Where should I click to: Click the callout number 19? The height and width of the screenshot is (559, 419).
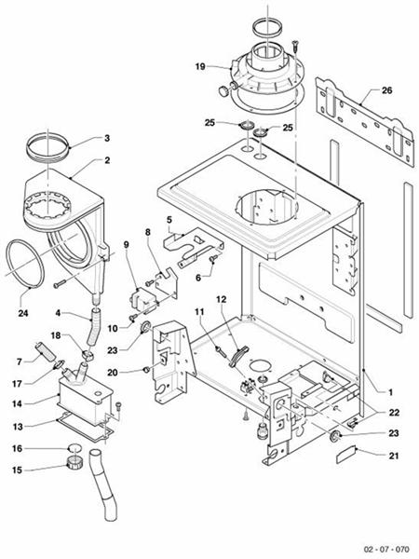(x=199, y=67)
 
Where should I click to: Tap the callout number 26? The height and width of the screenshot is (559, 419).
(x=386, y=92)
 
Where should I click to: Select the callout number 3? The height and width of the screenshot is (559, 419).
(x=107, y=138)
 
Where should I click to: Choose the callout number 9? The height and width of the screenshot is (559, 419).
(x=126, y=245)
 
